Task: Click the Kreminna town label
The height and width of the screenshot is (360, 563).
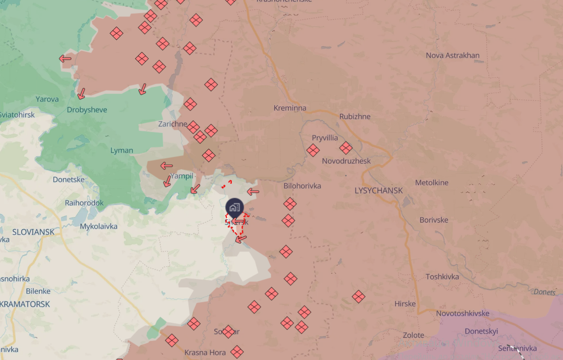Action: (x=290, y=108)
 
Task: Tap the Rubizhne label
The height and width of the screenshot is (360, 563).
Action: (x=355, y=117)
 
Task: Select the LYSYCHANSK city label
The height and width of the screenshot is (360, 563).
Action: (x=379, y=190)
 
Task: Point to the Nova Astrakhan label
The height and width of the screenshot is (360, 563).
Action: (x=452, y=55)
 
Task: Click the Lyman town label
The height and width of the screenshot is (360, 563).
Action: (x=122, y=150)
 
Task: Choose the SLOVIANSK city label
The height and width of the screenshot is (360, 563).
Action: (x=33, y=232)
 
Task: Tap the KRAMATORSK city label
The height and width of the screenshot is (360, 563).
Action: (x=25, y=304)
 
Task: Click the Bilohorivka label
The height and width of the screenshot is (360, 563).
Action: (x=302, y=186)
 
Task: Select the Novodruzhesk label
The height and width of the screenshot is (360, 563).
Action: (x=346, y=161)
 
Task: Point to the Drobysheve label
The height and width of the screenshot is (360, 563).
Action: (x=87, y=110)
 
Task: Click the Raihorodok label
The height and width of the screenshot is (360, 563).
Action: (x=84, y=203)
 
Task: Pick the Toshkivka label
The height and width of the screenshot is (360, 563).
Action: (x=442, y=277)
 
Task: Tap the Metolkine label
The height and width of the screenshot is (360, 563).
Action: (x=432, y=183)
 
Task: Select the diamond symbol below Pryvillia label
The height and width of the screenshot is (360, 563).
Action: (x=313, y=150)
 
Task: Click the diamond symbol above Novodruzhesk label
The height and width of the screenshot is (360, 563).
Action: (x=346, y=148)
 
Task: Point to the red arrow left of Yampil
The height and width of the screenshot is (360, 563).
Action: (x=166, y=165)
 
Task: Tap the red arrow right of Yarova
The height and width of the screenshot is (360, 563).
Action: (x=81, y=94)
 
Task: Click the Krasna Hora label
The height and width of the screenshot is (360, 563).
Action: (x=205, y=353)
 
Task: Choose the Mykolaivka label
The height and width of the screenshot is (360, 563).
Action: (x=99, y=226)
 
